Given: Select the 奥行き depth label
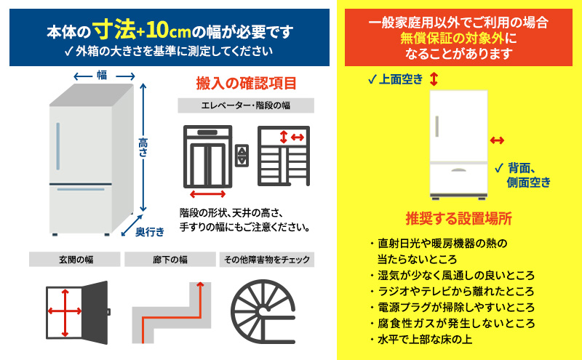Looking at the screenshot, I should tap(150, 231).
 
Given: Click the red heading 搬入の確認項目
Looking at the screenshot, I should tap(246, 84).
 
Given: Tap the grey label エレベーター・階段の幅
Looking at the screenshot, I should tap(246, 105).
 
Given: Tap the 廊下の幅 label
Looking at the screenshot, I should tap(169, 259).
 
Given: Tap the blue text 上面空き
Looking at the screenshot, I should tap(399, 79).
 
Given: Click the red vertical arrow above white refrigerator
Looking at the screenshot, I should tap(434, 79).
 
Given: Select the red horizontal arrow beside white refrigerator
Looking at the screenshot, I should tap(498, 140).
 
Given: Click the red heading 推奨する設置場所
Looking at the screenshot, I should tap(458, 218).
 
